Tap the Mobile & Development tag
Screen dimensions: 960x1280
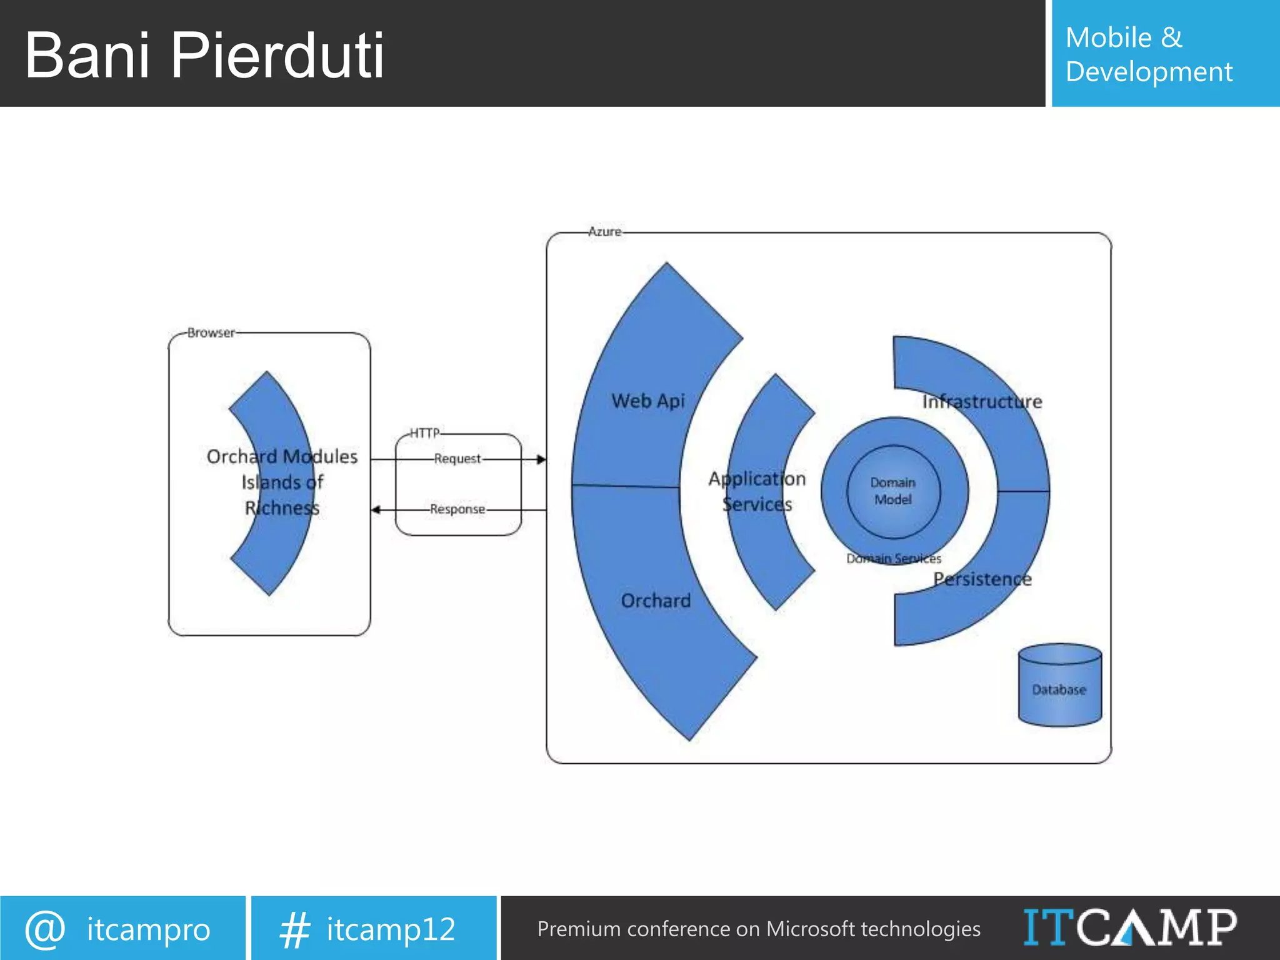[1149, 54]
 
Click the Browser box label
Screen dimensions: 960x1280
[211, 332]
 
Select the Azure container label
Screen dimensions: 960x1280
[604, 232]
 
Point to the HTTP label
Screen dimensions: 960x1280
[424, 432]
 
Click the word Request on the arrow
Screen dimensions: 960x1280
[457, 459]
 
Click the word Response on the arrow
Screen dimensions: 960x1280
[457, 509]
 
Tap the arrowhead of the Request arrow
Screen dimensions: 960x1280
[541, 459]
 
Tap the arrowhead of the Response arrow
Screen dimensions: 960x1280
[376, 510]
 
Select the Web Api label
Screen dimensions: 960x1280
[648, 401]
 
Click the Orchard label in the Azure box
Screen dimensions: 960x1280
[656, 601]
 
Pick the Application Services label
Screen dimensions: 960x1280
[757, 491]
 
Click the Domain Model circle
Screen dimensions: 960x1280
[893, 491]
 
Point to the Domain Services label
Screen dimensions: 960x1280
[893, 558]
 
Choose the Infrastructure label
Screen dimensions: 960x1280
[982, 401]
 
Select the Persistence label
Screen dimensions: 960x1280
[982, 579]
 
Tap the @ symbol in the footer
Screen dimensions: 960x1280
[45, 929]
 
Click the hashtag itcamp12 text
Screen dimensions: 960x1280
[391, 929]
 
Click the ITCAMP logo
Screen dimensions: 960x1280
[1129, 927]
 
